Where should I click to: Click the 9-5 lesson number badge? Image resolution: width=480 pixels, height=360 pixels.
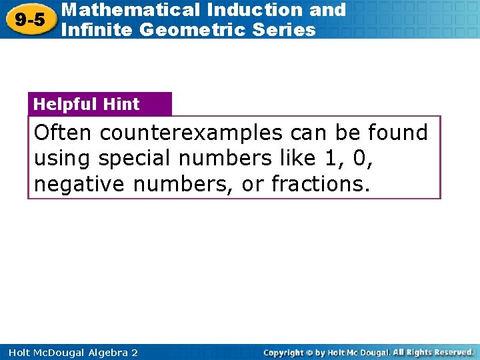[x=30, y=19]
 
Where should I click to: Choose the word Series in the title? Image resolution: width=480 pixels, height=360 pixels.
[x=283, y=29]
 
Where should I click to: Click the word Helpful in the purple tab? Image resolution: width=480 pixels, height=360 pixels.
[x=64, y=104]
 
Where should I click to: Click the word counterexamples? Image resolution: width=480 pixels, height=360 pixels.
[x=191, y=133]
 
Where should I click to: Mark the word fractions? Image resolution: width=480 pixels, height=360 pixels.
[x=319, y=185]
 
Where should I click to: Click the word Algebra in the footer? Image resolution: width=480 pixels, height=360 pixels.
[x=104, y=352]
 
